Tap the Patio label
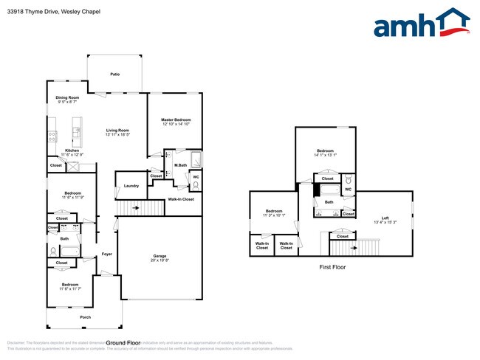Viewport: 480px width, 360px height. point(114,75)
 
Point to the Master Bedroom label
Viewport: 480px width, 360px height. point(176,122)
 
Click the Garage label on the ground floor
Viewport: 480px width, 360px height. point(160,257)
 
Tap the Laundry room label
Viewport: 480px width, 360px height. point(131,186)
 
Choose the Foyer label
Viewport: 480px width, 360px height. point(107,255)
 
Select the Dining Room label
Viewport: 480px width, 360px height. point(67,99)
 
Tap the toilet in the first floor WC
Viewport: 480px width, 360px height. point(348,181)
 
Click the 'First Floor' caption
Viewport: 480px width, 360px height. point(332,268)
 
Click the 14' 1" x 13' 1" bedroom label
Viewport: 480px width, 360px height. point(325,153)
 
